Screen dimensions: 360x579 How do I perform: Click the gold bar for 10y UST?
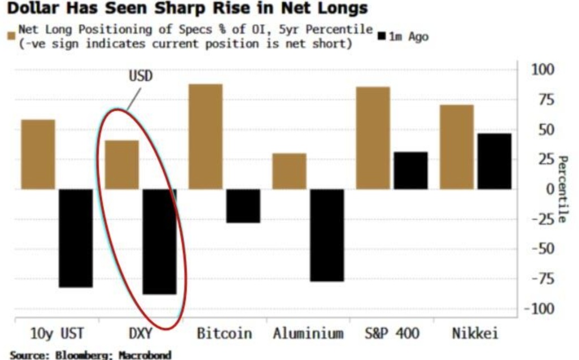click(38, 154)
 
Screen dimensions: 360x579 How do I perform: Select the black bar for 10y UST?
click(75, 238)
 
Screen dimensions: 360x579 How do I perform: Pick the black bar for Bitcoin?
click(243, 206)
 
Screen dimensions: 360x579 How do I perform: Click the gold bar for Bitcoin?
click(206, 136)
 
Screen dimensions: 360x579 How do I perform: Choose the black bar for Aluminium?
click(326, 235)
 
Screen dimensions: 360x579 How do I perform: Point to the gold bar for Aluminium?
click(289, 171)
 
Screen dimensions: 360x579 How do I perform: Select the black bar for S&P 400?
click(411, 170)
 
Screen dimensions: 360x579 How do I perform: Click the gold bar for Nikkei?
click(456, 147)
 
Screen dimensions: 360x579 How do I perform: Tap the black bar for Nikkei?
click(494, 161)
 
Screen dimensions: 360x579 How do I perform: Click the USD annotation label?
click(141, 76)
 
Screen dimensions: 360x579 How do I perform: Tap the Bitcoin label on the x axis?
click(224, 333)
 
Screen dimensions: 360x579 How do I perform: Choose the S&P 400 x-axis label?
click(391, 333)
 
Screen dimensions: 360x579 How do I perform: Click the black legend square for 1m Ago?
click(382, 37)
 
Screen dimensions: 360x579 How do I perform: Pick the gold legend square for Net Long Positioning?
click(11, 37)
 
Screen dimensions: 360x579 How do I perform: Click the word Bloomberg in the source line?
click(75, 355)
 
